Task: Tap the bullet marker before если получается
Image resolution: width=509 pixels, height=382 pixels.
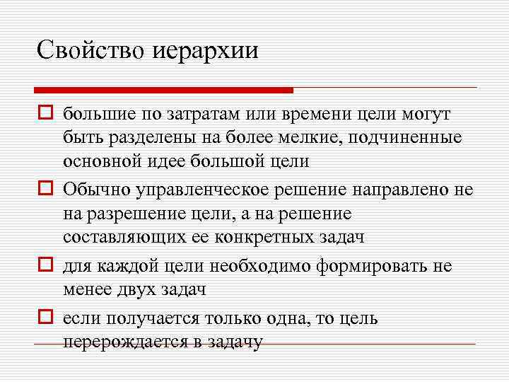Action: [x=47, y=318]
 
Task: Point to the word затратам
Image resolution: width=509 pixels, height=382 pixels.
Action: [x=197, y=115]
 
